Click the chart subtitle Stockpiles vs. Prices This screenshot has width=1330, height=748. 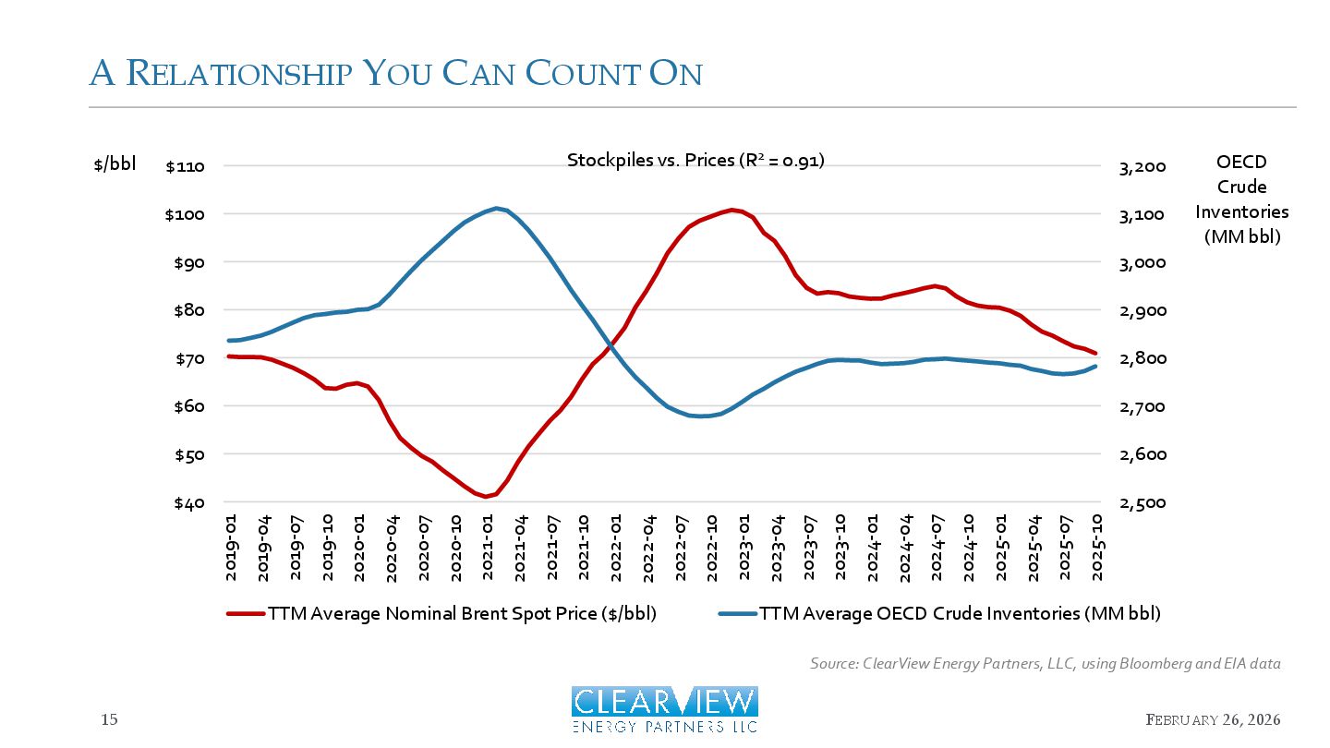695,161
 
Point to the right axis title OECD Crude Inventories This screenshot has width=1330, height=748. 1241,199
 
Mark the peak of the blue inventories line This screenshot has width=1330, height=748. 497,208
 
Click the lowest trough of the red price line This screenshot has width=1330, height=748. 486,497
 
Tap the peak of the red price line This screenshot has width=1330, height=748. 731,210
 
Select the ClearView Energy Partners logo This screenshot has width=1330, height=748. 664,709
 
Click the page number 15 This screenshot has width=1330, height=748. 109,719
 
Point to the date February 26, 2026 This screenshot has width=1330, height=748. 1213,719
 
